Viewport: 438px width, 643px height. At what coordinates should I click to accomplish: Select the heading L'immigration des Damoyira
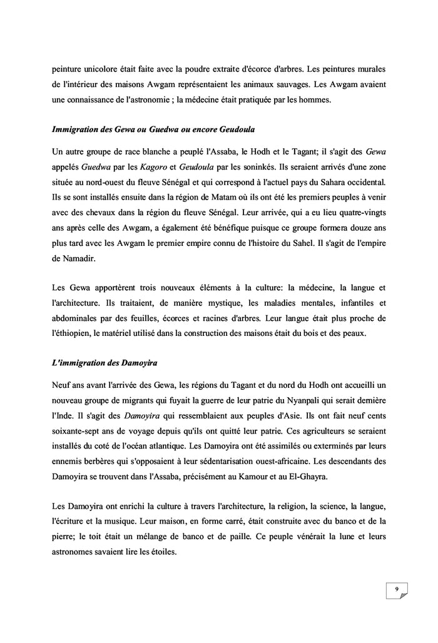click(104, 363)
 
